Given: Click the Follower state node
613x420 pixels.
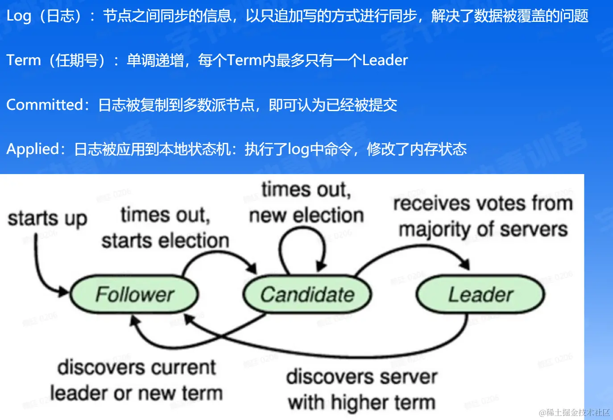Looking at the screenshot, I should coord(134,295).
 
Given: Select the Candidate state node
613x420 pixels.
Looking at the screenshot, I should coord(307,295).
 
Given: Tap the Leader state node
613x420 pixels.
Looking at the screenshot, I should coord(480,295).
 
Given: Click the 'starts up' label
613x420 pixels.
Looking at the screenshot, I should coord(47,219).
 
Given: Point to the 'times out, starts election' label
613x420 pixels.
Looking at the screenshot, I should coord(165,228).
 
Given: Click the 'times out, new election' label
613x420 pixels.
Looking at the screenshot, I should coord(306,202).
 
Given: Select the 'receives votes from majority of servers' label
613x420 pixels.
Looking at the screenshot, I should coord(483,216).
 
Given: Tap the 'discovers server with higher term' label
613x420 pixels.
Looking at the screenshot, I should coord(361,390).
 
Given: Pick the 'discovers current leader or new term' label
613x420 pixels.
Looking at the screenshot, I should coord(137,380).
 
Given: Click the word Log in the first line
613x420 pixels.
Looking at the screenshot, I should coord(19,16).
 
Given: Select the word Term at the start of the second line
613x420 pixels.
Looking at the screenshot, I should coord(23,60).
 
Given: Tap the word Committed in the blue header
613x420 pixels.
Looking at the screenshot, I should coord(45,104).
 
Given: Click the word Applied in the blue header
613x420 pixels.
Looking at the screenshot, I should coord(33,149).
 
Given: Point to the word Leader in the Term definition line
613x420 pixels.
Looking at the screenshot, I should coord(385,60).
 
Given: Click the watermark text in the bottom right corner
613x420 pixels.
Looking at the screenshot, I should coord(574,412).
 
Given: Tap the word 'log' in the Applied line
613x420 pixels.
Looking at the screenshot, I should coord(298,149).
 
